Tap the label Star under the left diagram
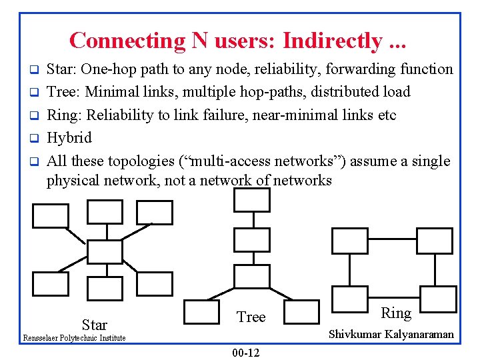point(94,325)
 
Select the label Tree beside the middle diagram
point(251,317)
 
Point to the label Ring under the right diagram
point(396,313)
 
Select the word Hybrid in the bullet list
point(69,138)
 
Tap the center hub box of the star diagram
point(105,251)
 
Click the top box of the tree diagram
point(252,199)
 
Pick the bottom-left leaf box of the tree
point(201,311)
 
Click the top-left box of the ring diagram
point(349,241)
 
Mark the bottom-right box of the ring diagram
point(439,295)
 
